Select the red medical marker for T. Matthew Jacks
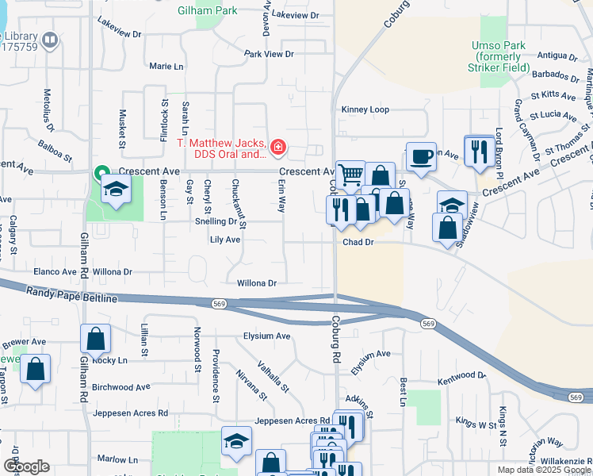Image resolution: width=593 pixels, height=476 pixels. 277,147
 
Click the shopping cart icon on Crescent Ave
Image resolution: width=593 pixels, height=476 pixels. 350,174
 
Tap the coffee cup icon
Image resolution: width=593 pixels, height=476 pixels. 421,155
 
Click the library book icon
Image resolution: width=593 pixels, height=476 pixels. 50,40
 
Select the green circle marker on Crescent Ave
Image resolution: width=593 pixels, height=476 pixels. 101,172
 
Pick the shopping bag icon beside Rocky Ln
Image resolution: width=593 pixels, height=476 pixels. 95,339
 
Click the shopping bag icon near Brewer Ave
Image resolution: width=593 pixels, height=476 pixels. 36,369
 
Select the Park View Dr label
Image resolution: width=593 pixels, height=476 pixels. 269,54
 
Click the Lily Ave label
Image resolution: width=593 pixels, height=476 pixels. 225,240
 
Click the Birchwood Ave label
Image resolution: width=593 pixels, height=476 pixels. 121,388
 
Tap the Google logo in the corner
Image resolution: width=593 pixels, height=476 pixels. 26,466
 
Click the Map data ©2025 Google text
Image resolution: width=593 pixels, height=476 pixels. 543,470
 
